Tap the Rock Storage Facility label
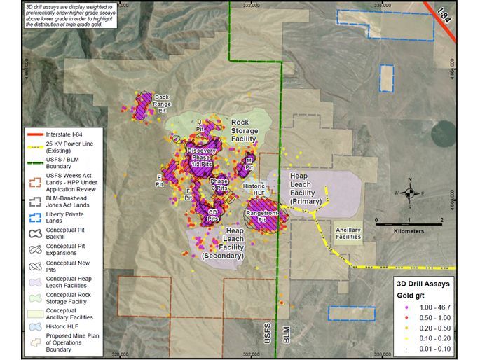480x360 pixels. click(245, 130)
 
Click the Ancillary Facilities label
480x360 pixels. click(348, 233)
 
